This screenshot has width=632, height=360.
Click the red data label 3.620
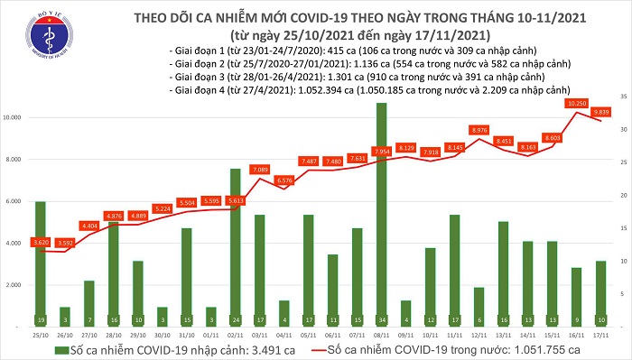pyautogui.click(x=39, y=243)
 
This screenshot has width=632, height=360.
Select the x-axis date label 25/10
pyautogui.click(x=39, y=333)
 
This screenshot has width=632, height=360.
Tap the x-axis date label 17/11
pyautogui.click(x=600, y=333)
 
